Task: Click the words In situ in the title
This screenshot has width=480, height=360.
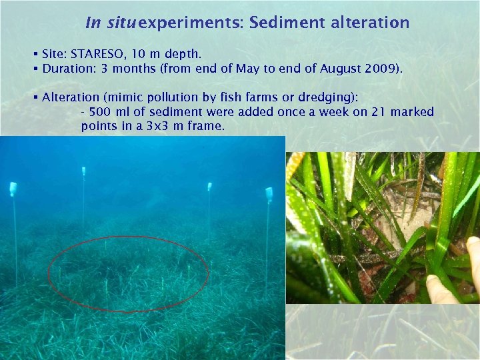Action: coord(112,23)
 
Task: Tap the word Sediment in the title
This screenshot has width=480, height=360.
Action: coord(279,23)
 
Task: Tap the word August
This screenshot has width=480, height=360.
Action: coord(342,68)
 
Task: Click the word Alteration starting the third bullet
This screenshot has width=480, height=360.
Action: coord(69,97)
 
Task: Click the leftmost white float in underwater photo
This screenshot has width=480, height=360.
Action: coord(13,189)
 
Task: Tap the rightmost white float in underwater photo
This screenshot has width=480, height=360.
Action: coord(269,195)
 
